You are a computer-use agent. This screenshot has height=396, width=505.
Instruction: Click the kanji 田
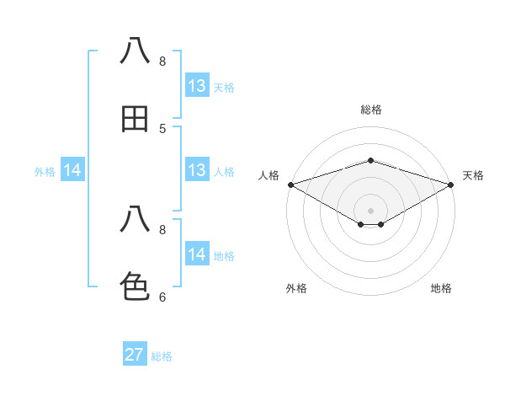pyautogui.click(x=136, y=119)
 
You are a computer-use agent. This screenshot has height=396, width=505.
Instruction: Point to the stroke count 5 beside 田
pyautogui.click(x=162, y=128)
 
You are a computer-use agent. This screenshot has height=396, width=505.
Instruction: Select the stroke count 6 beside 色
pyautogui.click(x=162, y=297)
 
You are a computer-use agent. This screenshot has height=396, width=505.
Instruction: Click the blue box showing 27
pyautogui.click(x=135, y=355)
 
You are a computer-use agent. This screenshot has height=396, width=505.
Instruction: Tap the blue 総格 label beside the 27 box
pyautogui.click(x=162, y=356)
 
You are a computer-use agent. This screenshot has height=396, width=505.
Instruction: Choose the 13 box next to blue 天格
pyautogui.click(x=197, y=86)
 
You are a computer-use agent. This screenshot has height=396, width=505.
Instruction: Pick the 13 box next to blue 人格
pyautogui.click(x=197, y=170)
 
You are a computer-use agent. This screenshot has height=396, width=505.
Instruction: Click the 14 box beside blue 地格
pyautogui.click(x=197, y=254)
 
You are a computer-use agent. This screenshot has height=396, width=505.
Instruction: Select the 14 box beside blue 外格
pyautogui.click(x=72, y=170)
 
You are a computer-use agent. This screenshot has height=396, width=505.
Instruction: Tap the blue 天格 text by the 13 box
pyautogui.click(x=224, y=88)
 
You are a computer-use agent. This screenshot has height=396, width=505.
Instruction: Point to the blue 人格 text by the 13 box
pyautogui.click(x=224, y=172)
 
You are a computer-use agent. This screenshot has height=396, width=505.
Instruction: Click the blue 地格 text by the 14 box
pyautogui.click(x=224, y=256)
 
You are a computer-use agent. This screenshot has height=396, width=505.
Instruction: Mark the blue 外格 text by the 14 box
pyautogui.click(x=45, y=172)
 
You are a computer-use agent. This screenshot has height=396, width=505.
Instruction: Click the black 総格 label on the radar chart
pyautogui.click(x=371, y=110)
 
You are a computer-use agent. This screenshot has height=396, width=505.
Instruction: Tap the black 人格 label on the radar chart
pyautogui.click(x=268, y=175)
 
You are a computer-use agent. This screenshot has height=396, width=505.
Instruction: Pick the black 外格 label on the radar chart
pyautogui.click(x=296, y=288)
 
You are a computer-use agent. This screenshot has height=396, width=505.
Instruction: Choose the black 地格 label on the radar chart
pyautogui.click(x=441, y=288)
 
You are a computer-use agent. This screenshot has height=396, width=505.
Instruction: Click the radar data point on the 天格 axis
pyautogui.click(x=452, y=184)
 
